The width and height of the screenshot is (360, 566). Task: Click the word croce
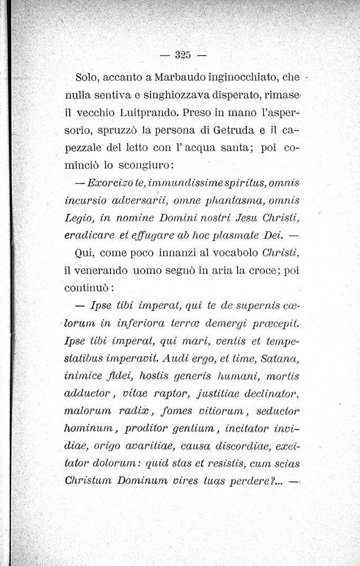262,269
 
